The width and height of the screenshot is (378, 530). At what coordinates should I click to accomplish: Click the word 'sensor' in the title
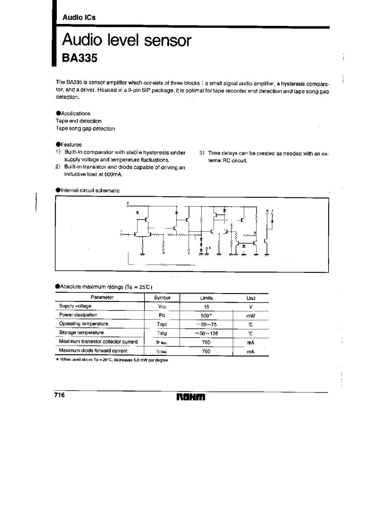point(167,40)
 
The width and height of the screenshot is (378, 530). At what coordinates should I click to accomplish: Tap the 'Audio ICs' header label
point(79,18)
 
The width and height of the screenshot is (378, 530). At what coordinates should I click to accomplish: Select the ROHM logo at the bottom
point(191,397)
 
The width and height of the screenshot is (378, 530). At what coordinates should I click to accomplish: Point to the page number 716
point(60,395)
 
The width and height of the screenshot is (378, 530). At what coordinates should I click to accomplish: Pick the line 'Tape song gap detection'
point(85,128)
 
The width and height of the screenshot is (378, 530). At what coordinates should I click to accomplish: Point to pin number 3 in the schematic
point(163,253)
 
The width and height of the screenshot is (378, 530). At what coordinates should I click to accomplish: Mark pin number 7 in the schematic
point(272,211)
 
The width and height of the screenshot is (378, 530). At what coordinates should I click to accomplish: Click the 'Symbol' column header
point(162,298)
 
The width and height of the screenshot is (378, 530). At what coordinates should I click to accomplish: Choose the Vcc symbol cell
point(162,307)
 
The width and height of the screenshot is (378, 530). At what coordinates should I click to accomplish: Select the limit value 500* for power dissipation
point(206,316)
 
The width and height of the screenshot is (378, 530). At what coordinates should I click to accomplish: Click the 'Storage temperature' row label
point(81,333)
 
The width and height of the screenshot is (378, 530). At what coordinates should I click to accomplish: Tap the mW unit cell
point(251,316)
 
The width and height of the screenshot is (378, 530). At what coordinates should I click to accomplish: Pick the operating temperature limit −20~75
point(206,325)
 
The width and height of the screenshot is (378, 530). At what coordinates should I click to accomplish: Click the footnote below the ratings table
point(113,360)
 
